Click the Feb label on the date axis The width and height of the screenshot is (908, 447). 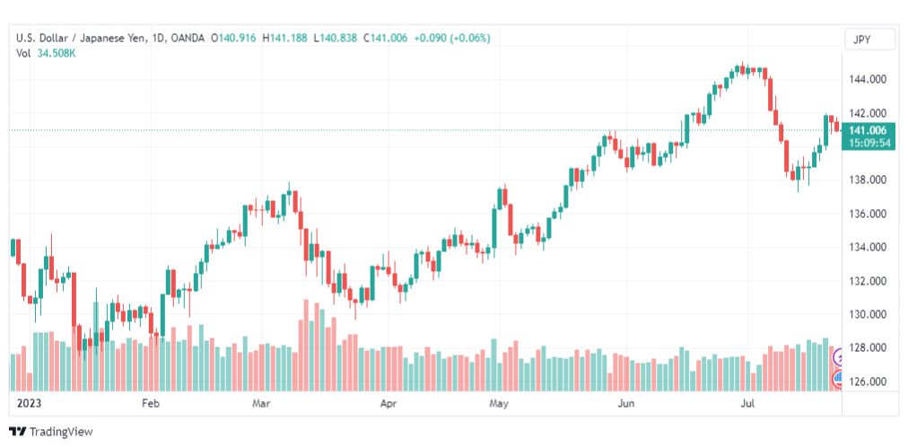coord(150,403)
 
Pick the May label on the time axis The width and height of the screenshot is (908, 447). coord(499,403)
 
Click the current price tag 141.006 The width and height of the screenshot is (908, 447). coord(868,131)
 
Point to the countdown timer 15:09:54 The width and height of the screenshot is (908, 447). coord(868,143)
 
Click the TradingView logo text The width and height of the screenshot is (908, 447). coord(61,432)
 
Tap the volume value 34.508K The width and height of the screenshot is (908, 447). coord(57,53)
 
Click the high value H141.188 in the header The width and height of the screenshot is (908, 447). coord(285,39)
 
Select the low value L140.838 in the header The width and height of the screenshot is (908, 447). coord(336,39)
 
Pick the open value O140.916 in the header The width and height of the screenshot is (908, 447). coord(233,39)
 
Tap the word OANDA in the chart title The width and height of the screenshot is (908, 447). coord(187,39)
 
